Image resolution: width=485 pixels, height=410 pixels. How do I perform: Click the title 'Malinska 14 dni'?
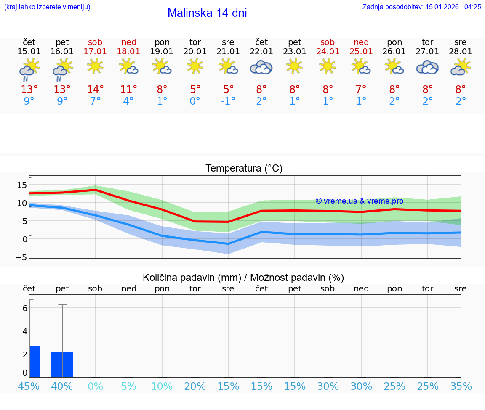point(207,13)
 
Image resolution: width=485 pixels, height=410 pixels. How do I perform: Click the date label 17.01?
point(96,51)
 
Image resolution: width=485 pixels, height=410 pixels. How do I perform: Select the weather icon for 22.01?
point(261,67)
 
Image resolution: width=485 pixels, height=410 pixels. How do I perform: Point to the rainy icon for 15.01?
point(29,69)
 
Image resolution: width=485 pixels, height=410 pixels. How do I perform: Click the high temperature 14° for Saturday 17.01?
point(96,89)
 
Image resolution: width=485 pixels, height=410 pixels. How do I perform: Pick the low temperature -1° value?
point(228,101)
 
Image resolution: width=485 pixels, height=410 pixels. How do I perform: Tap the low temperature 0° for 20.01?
point(195,101)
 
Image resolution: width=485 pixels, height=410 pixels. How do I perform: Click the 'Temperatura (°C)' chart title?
point(244,169)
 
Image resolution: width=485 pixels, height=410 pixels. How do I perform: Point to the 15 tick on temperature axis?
point(22,185)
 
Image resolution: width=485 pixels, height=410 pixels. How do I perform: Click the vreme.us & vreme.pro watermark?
point(359,201)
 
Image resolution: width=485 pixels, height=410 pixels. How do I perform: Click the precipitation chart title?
point(243,278)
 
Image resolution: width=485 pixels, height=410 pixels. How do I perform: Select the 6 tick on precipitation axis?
point(25,308)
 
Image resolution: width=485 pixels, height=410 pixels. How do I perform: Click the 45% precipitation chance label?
point(29,386)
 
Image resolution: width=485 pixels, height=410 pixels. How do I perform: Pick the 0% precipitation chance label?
point(96,386)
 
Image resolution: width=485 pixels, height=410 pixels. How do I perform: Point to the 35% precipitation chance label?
point(461,386)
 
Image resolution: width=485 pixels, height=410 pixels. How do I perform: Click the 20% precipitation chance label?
point(195,386)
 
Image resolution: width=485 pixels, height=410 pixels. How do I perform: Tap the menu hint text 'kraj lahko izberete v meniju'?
point(47,7)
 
